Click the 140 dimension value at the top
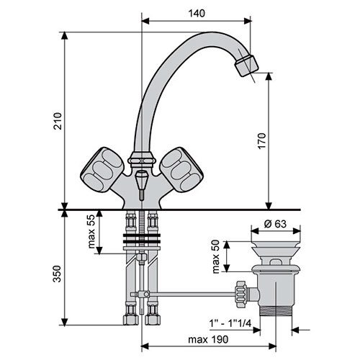(x=197, y=13)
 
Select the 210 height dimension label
(x=58, y=121)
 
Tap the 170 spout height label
(x=262, y=140)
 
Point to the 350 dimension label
(x=58, y=274)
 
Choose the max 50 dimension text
(x=216, y=256)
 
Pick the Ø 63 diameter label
(x=275, y=224)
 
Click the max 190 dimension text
(x=208, y=339)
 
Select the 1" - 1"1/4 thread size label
(x=230, y=323)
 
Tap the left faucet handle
(x=102, y=169)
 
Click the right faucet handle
(x=181, y=169)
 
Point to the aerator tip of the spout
(x=246, y=66)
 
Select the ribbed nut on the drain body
(x=240, y=294)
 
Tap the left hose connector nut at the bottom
(x=131, y=320)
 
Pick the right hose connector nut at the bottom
(x=153, y=320)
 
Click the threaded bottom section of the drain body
(x=276, y=310)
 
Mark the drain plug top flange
(x=276, y=246)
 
